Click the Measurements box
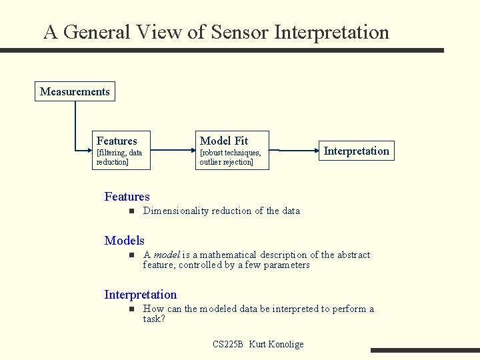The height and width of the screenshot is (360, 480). click(75, 91)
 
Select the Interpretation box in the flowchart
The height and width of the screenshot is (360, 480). click(357, 151)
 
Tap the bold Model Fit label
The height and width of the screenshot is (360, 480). click(224, 141)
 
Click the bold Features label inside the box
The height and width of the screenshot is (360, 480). click(117, 141)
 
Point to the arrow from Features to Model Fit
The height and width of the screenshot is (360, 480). click(173, 150)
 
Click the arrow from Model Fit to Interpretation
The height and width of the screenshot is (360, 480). click(294, 150)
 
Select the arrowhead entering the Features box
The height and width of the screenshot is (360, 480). click(90, 150)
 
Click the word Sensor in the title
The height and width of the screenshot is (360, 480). click(240, 32)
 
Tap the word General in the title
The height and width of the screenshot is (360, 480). click(97, 32)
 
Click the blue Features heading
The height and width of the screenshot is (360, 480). click(127, 197)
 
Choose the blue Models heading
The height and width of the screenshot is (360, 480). click(124, 241)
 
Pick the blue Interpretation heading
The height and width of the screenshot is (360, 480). click(141, 295)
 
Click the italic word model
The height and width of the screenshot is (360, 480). click(167, 255)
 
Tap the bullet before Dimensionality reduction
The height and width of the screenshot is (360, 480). click(131, 211)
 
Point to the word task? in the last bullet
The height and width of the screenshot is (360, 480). click(154, 319)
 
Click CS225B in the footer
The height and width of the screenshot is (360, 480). click(228, 344)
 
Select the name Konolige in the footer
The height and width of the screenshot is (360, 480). click(286, 345)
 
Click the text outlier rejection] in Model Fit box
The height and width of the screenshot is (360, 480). click(226, 162)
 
